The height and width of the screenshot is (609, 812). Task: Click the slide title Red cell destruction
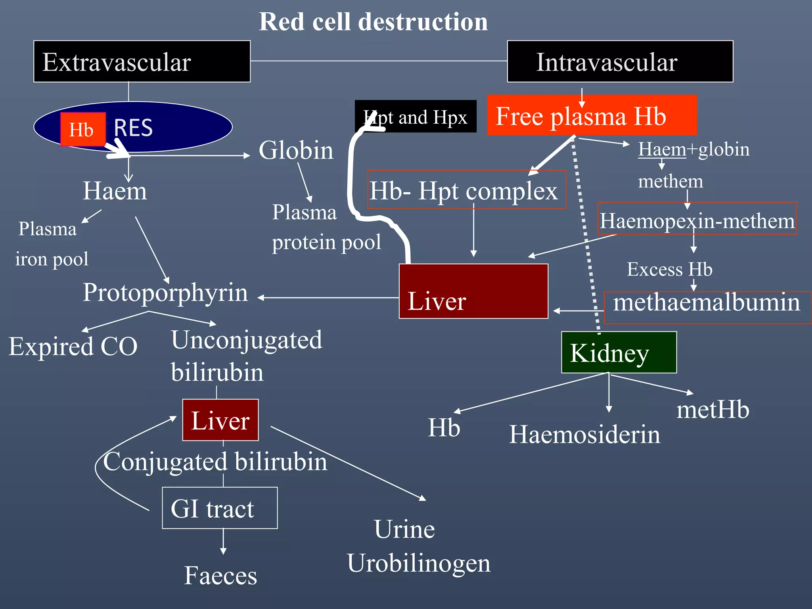click(373, 22)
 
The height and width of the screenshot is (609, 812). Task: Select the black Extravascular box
click(142, 61)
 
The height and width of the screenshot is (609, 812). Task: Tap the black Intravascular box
click(620, 61)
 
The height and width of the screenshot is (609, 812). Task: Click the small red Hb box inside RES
click(82, 129)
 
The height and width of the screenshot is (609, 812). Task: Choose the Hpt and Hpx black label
click(416, 117)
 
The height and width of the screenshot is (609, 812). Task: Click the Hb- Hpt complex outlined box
click(466, 190)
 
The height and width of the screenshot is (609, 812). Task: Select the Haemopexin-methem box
click(697, 219)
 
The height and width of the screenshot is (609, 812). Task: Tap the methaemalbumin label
click(707, 303)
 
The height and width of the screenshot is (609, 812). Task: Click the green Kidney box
click(619, 352)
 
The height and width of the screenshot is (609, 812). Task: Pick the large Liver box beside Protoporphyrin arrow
click(473, 291)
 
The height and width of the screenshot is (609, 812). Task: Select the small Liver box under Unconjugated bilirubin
click(220, 420)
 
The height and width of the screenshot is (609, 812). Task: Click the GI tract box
click(220, 508)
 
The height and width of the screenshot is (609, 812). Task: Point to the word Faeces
click(220, 576)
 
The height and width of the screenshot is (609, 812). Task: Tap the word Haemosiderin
click(584, 435)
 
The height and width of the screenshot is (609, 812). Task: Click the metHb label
click(712, 410)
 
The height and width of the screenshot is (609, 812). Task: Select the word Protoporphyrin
click(165, 293)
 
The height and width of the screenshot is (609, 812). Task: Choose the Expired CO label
click(73, 347)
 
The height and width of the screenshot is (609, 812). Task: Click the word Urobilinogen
click(419, 563)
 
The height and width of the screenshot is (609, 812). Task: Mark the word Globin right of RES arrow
click(296, 151)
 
